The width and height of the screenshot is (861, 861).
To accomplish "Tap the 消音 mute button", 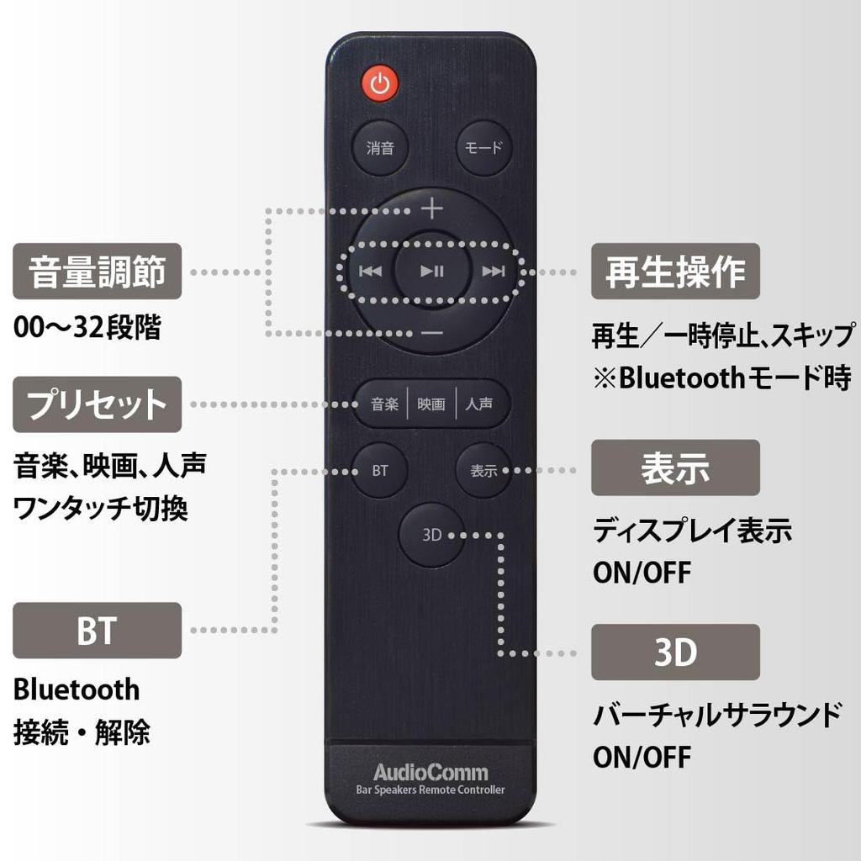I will point(380,148).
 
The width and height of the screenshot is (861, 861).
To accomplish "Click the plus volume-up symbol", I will point(431,207).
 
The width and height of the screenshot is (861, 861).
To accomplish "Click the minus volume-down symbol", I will point(431,333).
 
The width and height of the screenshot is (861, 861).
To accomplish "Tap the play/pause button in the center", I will point(431,271).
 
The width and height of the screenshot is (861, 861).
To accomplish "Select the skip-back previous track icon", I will point(370,271).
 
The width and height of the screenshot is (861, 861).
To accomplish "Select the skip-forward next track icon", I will point(493,271).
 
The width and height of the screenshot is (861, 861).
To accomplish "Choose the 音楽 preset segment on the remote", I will point(384,404).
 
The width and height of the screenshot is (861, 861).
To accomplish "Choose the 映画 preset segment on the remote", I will point(431,404).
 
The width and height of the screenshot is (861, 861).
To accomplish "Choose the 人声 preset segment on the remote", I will point(479,404).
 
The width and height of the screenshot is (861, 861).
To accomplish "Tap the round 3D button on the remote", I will point(431,535).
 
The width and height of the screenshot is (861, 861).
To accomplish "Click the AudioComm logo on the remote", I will point(430,772).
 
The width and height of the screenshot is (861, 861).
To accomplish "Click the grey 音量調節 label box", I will point(97,272).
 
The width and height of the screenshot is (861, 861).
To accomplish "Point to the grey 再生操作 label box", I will point(675,272).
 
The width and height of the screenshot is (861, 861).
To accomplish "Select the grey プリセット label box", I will point(97,404).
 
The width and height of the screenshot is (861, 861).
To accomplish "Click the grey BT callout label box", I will point(97,631).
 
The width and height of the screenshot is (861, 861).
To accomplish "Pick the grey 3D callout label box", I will point(675,652).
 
